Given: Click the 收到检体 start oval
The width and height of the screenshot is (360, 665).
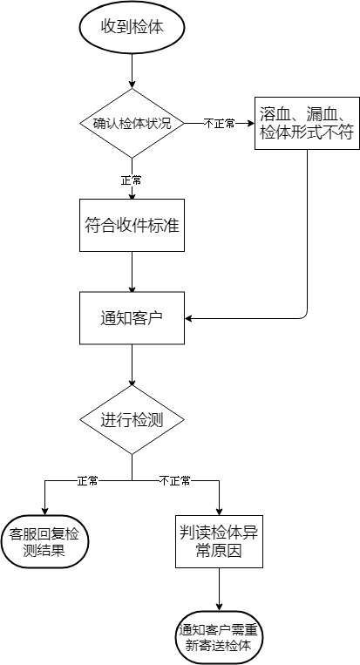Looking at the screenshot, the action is click(132, 28).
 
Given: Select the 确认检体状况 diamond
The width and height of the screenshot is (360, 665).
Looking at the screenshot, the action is click(132, 124).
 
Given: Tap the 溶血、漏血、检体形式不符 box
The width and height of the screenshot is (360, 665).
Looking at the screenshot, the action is click(307, 124).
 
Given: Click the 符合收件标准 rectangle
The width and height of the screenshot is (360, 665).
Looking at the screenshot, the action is click(132, 225).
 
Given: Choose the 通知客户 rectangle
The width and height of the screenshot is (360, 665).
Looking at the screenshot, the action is click(132, 318).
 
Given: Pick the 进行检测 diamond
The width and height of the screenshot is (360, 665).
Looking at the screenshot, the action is click(132, 420).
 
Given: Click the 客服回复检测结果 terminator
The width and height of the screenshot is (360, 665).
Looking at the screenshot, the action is click(44, 541).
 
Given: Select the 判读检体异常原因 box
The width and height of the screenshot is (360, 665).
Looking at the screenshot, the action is click(219, 541).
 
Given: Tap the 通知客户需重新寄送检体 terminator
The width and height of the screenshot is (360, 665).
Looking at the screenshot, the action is click(219, 637).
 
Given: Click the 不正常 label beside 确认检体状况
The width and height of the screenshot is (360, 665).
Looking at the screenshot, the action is click(219, 124).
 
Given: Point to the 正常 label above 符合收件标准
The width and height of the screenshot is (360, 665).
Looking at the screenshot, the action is click(131, 180).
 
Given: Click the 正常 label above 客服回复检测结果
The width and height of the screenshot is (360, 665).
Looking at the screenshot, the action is click(87, 480).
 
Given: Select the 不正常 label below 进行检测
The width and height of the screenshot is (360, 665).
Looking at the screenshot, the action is click(175, 480).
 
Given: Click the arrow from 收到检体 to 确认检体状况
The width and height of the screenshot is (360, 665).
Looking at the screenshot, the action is click(132, 71).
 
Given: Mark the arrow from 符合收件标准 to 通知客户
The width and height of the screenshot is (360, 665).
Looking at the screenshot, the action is click(132, 272).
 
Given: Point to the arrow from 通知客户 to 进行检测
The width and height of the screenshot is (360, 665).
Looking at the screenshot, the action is click(132, 364).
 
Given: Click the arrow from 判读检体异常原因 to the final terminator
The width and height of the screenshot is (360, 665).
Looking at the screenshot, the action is click(219, 589).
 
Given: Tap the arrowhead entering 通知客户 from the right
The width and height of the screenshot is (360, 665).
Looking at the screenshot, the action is click(188, 318).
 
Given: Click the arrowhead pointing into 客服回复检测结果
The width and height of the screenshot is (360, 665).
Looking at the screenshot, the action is click(44, 512).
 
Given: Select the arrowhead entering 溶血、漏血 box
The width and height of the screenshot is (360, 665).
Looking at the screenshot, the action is click(250, 124).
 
